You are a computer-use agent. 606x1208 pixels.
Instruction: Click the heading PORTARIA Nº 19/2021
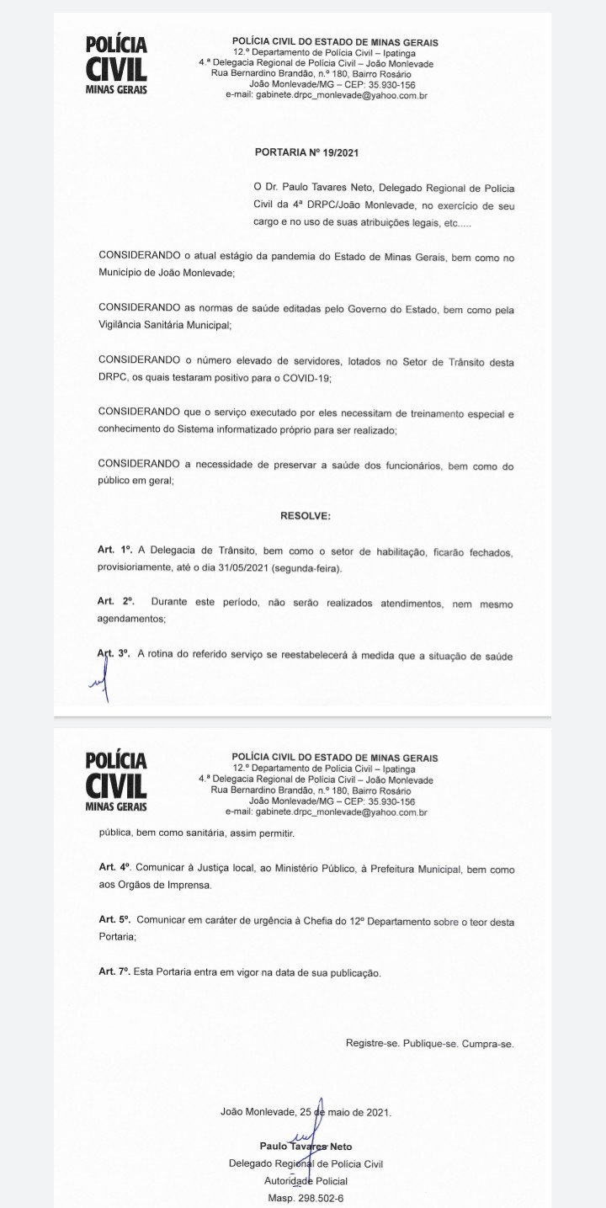point(307,153)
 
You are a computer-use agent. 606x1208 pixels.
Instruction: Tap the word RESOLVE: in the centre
point(306,514)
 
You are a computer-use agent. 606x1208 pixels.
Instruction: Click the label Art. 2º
point(116,602)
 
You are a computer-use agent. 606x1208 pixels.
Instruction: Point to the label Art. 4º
point(115,867)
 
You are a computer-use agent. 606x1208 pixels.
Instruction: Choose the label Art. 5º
point(115,920)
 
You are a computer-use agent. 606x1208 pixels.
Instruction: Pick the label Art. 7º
point(115,972)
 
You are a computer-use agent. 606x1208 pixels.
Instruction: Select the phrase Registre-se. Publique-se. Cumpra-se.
point(429,1043)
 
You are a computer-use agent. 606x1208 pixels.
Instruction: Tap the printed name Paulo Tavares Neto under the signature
point(306,1146)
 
